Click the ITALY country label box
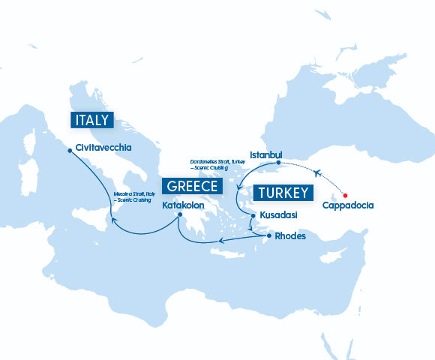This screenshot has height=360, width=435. (x=91, y=120)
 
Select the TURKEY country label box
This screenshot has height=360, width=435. (x=283, y=193)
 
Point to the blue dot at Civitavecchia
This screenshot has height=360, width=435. (x=70, y=150)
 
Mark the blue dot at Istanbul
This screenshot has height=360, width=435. (x=278, y=163)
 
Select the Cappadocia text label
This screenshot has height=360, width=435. (x=347, y=205)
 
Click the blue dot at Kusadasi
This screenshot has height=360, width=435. (x=253, y=216)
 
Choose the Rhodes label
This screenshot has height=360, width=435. (x=290, y=236)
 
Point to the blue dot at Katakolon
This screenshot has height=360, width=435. (x=180, y=216)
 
